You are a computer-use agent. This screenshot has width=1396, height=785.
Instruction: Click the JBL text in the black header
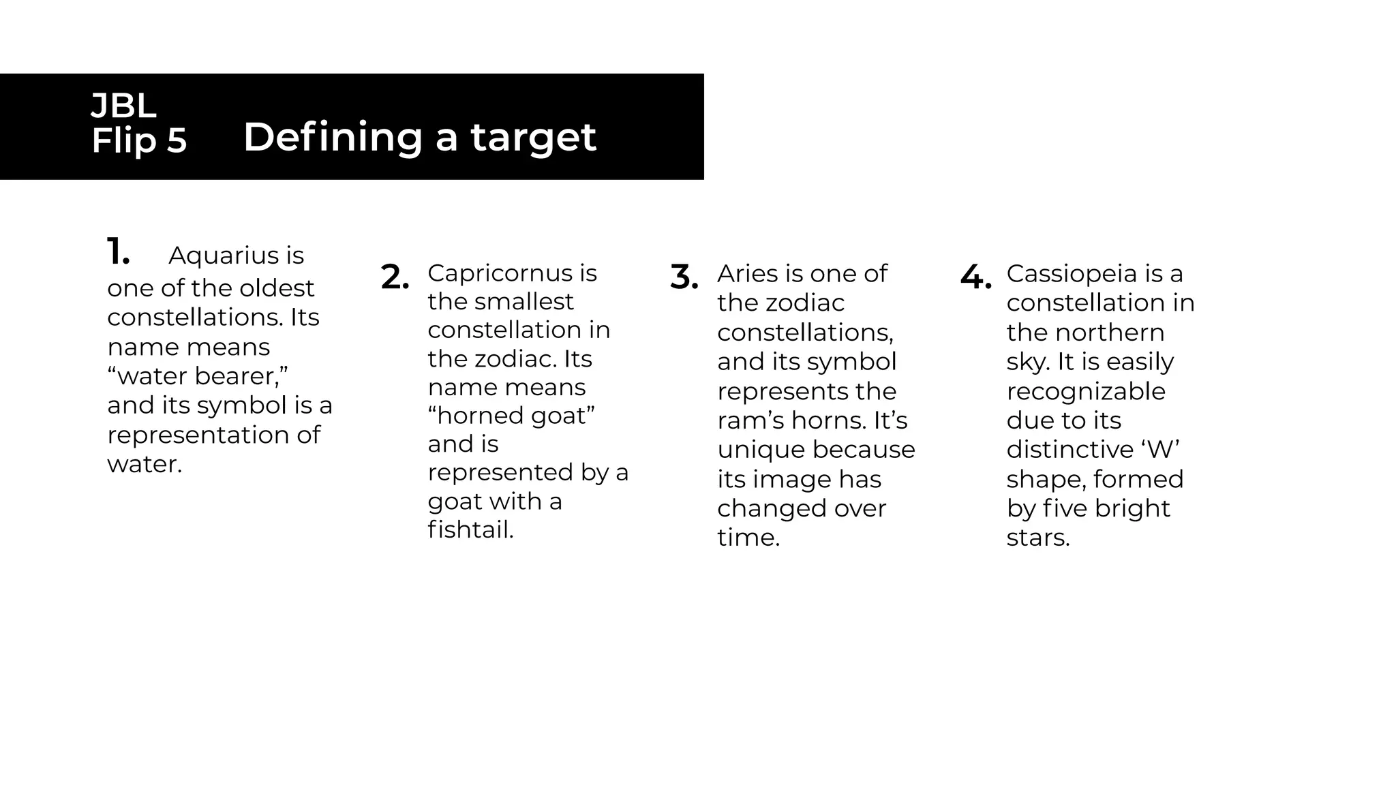pos(123,106)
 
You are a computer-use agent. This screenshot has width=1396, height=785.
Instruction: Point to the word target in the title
pos(534,138)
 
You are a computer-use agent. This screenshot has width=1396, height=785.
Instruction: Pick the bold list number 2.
pos(395,277)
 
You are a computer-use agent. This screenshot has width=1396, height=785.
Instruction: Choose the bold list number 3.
pos(684,277)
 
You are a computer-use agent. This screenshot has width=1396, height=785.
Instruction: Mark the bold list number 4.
pos(975,277)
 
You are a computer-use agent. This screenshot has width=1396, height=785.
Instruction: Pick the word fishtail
pos(471,529)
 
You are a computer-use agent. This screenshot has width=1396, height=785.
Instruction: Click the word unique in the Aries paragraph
pos(761,450)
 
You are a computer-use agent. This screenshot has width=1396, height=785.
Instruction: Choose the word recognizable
pos(1086,392)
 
